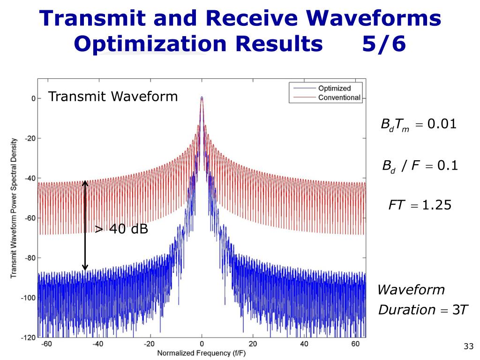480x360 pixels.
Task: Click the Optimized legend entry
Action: pos(334,88)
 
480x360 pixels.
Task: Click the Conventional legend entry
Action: pos(339,97)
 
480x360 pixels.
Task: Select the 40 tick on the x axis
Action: pos(305,344)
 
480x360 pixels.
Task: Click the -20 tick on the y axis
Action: pos(30,138)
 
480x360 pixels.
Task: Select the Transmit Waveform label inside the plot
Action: pos(113,97)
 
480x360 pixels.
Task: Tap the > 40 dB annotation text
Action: pos(121,229)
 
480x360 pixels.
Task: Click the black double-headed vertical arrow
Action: pos(85,225)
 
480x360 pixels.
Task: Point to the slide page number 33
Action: pos(467,347)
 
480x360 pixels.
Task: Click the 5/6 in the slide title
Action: pos(383,44)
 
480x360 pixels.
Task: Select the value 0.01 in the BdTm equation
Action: pos(441,125)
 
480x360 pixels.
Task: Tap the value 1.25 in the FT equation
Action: pos(436,205)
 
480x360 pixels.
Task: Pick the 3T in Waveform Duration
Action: pos(461,310)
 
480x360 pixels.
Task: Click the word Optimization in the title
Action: pos(150,44)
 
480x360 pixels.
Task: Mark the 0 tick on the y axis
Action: pos(33,98)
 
